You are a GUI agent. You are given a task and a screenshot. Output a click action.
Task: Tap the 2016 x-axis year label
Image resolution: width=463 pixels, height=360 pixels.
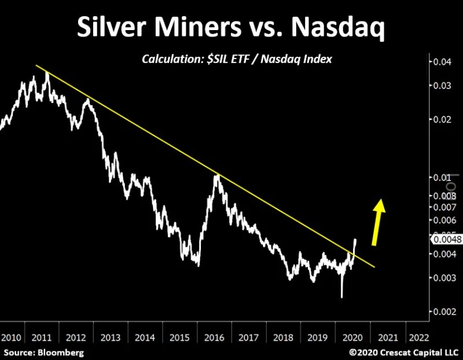[x=214, y=337]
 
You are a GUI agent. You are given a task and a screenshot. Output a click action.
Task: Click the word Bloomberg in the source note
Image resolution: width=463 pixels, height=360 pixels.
[x=60, y=352]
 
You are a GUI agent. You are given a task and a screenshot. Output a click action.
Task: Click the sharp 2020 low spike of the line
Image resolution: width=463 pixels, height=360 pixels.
[x=341, y=297]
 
